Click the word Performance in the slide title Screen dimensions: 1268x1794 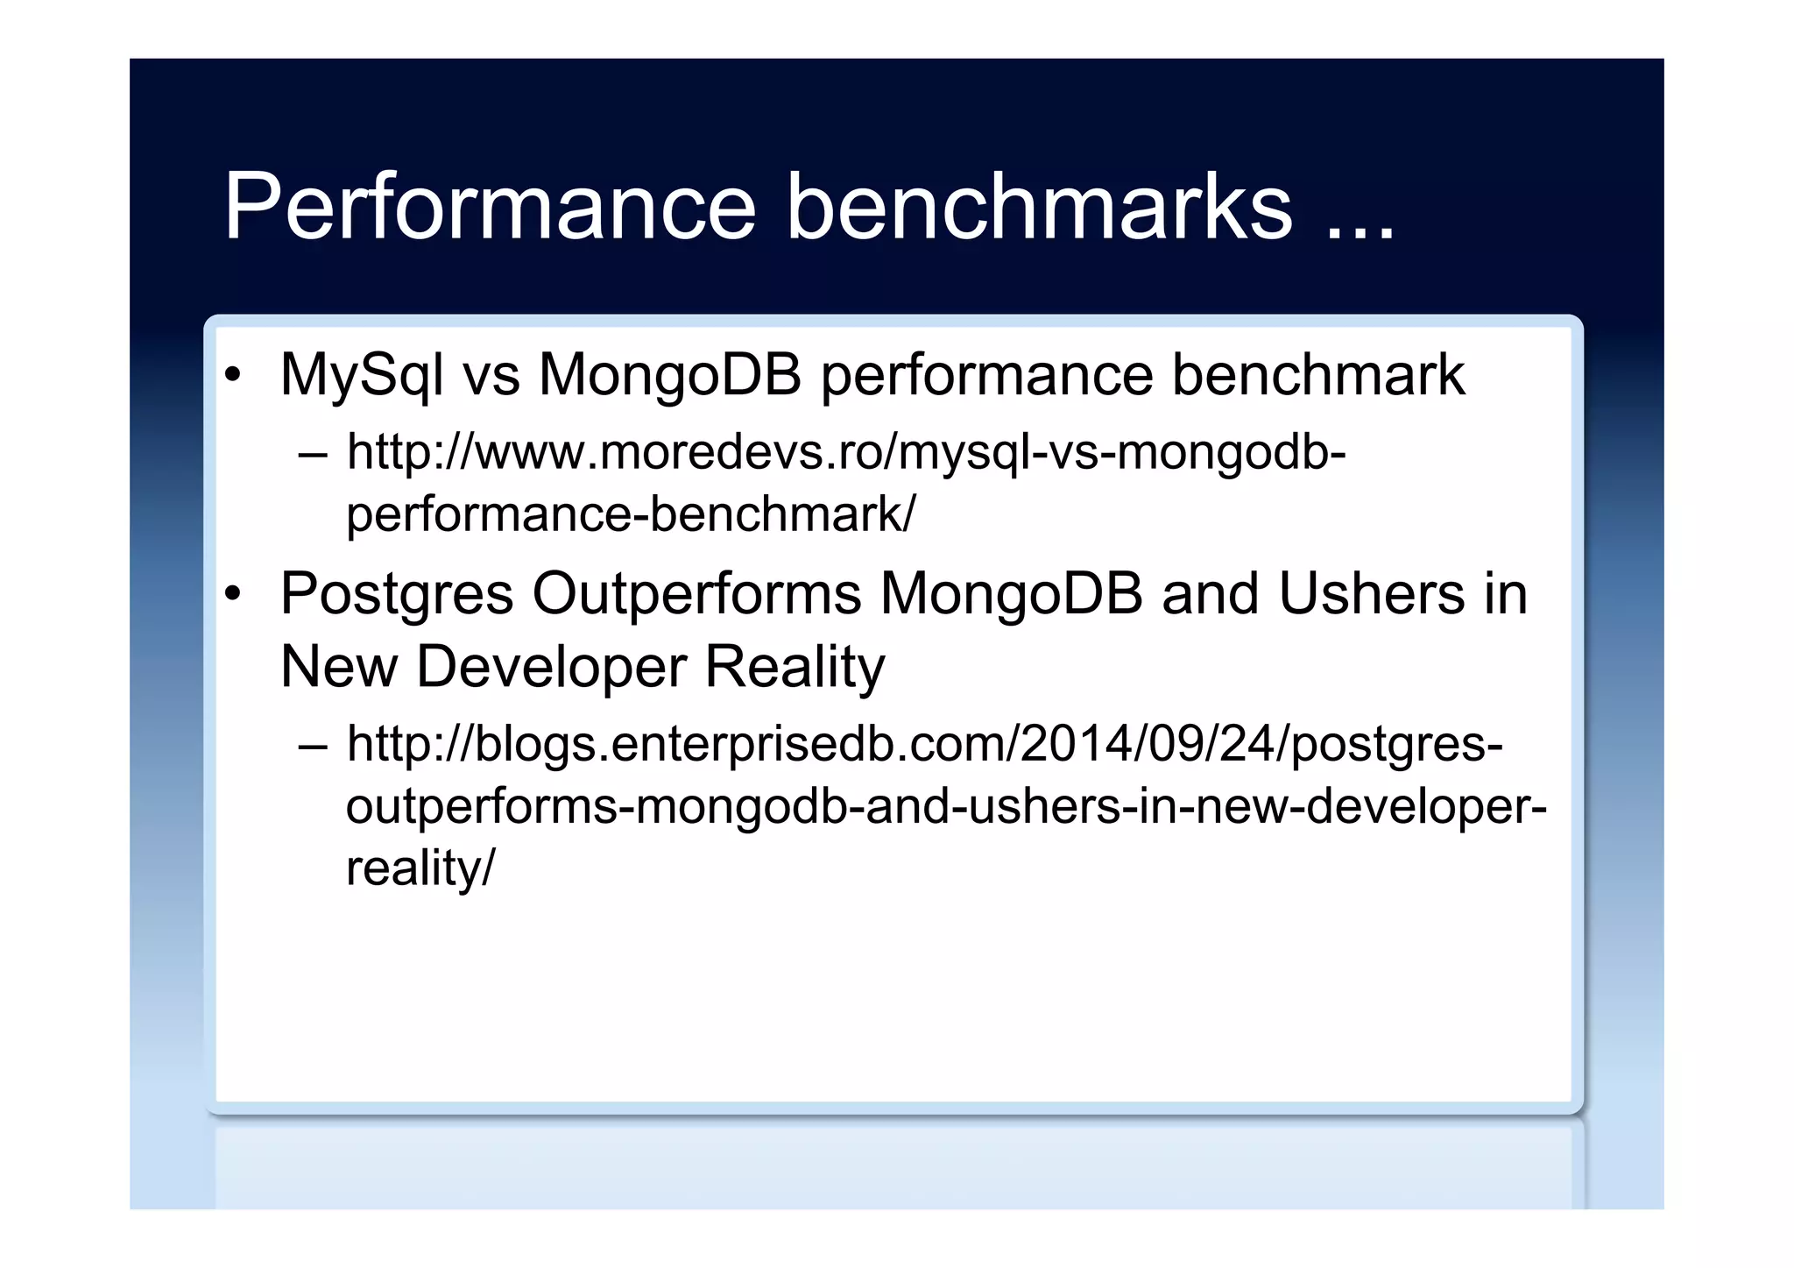click(489, 207)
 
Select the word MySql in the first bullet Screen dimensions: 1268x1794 click(361, 376)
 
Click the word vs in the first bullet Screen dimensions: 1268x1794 click(491, 376)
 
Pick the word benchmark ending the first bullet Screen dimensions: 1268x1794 click(1317, 376)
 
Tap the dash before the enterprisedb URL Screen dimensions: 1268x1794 click(313, 747)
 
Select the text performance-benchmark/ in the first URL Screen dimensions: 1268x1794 click(630, 514)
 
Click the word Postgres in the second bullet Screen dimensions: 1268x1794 click(396, 595)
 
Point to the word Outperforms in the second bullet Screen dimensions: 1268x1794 click(696, 595)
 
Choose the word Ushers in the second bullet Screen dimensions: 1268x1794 click(1370, 595)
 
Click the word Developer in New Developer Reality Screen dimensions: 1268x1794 click(550, 668)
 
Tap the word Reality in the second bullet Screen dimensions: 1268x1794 click(795, 668)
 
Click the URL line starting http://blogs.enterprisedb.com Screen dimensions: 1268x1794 click(924, 745)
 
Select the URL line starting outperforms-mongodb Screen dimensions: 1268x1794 click(946, 806)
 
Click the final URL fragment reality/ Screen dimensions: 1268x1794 click(420, 868)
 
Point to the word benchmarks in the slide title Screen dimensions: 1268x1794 click(1039, 207)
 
